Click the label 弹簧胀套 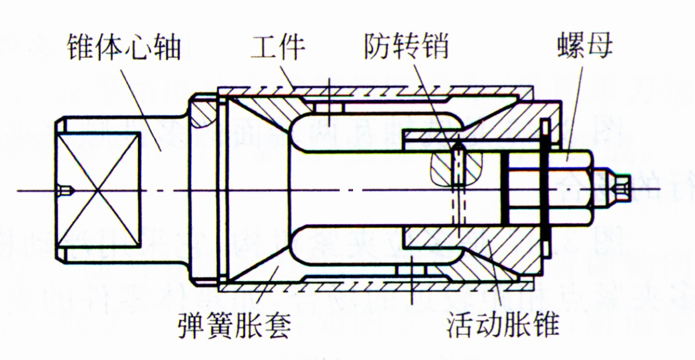[x=234, y=326]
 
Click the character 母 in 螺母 [x=599, y=46]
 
